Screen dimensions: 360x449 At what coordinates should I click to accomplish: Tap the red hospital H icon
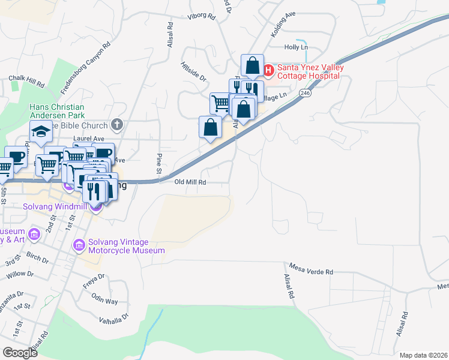pyautogui.click(x=268, y=71)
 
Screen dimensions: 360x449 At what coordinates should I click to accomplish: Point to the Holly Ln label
pyautogui.click(x=296, y=47)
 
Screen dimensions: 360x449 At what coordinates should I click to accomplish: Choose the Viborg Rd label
pyautogui.click(x=201, y=17)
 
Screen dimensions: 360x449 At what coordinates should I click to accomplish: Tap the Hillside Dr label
pyautogui.click(x=193, y=70)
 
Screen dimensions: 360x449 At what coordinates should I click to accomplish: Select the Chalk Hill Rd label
pyautogui.click(x=26, y=79)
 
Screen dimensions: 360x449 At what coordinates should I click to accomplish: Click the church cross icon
pyautogui.click(x=117, y=125)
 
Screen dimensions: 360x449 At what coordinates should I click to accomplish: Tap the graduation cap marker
pyautogui.click(x=41, y=131)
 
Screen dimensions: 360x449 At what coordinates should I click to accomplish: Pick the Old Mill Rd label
pyautogui.click(x=190, y=182)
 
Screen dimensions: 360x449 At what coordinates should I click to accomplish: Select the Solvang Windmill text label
pyautogui.click(x=55, y=207)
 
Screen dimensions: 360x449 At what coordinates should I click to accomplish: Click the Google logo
pyautogui.click(x=20, y=353)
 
